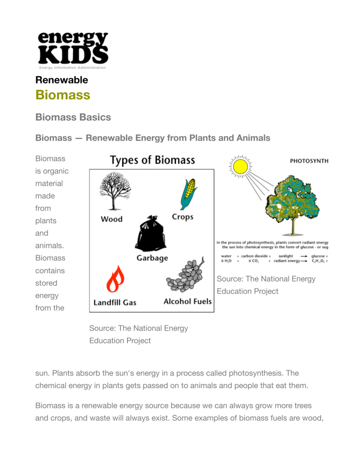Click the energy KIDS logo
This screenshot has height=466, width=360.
(73, 50)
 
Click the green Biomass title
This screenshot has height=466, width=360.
(63, 95)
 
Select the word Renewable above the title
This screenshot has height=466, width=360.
(61, 80)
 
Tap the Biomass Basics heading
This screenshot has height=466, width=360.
(73, 117)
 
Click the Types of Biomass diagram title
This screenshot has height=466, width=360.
(152, 160)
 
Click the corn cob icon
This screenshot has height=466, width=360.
(187, 194)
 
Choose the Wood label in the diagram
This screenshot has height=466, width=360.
(112, 219)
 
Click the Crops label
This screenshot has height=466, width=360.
(183, 217)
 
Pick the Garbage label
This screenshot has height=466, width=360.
(152, 258)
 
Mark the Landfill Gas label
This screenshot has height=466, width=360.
(115, 302)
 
